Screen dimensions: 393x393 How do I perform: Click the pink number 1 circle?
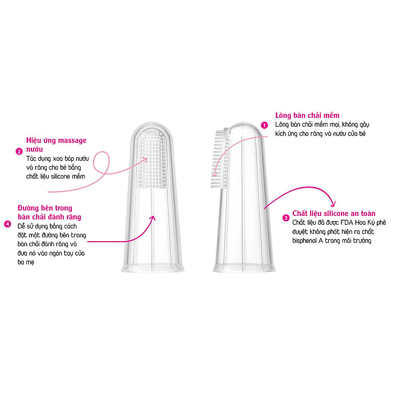tap(265, 125)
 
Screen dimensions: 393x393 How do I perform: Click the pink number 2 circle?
tap(19, 151)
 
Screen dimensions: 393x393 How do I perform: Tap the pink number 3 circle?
tap(286, 218)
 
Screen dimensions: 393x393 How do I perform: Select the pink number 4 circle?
tap(8, 224)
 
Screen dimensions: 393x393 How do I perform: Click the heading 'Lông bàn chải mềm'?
tap(307, 115)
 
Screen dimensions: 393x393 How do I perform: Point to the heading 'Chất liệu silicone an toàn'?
tap(334, 213)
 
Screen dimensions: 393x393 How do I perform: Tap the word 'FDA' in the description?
tap(347, 223)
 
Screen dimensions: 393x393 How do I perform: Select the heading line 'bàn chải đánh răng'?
tap(49, 217)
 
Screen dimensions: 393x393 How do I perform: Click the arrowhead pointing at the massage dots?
tap(145, 160)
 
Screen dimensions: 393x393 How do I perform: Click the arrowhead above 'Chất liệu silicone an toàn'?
tap(333, 203)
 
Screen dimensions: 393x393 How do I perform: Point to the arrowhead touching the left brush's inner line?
tap(153, 219)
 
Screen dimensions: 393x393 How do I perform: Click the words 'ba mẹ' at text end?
tap(26, 263)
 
